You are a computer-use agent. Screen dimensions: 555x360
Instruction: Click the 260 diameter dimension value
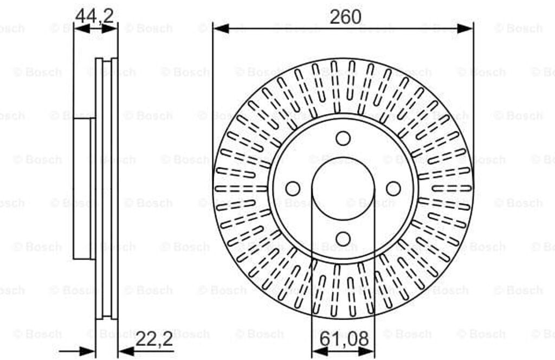[345, 17]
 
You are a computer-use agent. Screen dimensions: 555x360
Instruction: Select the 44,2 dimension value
[94, 16]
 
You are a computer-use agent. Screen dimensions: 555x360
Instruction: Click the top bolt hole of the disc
[343, 138]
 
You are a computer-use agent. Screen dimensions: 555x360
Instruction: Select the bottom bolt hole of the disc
[343, 239]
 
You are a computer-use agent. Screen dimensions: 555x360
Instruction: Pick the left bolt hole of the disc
[293, 189]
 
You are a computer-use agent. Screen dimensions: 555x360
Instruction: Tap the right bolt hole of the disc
[393, 189]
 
